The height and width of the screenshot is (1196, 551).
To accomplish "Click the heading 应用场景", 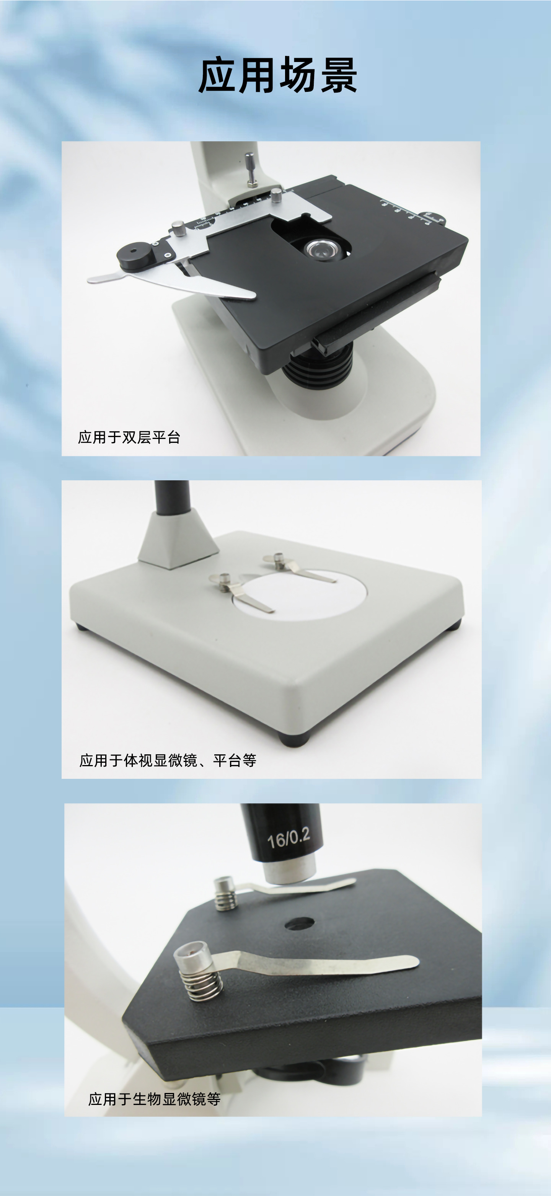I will click(277, 75).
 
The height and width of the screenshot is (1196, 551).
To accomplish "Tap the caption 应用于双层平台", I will click(129, 437).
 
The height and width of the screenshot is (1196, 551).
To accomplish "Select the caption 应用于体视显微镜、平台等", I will click(168, 760).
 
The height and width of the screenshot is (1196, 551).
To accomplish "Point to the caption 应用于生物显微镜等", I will click(154, 1099).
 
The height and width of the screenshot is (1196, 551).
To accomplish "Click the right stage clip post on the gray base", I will click(279, 560).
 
